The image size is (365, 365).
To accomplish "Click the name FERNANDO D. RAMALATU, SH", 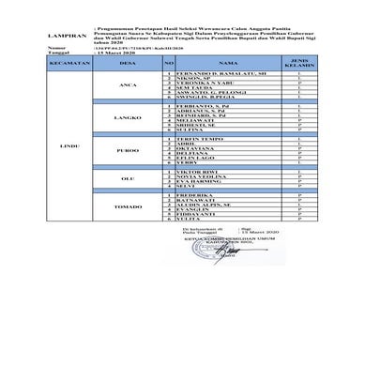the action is click(206, 71).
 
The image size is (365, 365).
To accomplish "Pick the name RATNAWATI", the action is click(191, 199).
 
